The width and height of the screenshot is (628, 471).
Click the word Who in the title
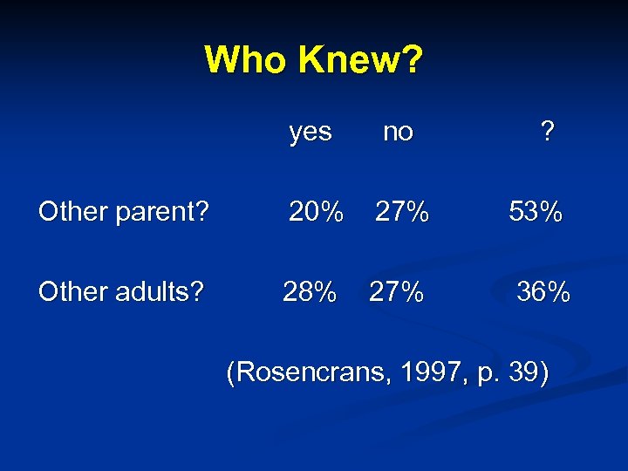(246, 60)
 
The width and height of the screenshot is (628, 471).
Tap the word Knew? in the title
(359, 60)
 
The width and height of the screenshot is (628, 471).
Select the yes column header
(311, 133)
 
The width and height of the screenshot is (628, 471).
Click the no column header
(398, 133)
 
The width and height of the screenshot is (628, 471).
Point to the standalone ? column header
(547, 132)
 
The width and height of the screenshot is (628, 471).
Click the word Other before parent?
(72, 212)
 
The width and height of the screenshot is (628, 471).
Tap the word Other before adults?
(72, 291)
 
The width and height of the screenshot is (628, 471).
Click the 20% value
(316, 211)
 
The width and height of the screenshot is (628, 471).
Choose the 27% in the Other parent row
(402, 211)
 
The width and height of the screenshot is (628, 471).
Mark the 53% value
(536, 211)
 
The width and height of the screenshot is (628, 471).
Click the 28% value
(310, 291)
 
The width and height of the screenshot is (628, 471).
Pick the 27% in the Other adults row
(397, 291)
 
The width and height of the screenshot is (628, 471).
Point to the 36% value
(543, 291)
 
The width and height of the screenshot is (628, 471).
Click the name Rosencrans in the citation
(310, 373)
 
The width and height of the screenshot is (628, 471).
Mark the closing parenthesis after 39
(543, 374)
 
